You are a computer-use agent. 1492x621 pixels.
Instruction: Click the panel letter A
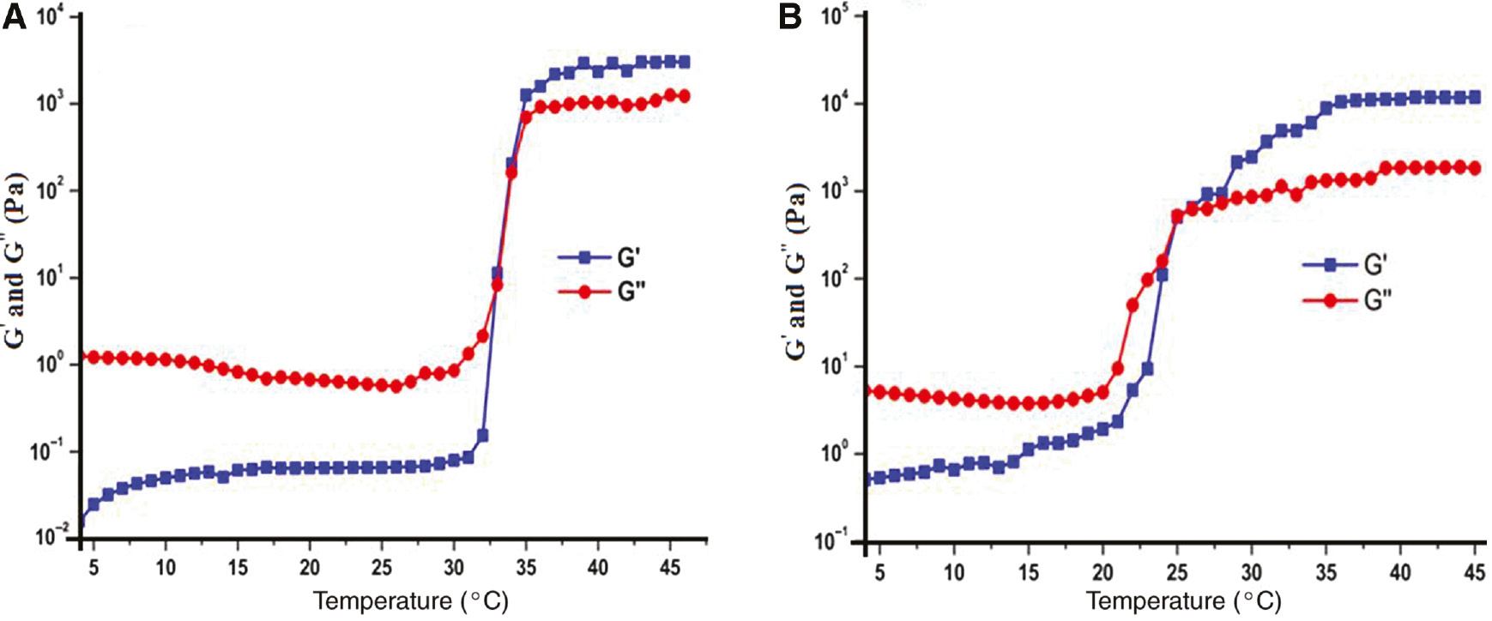pyautogui.click(x=14, y=16)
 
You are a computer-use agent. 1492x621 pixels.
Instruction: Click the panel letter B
pyautogui.click(x=790, y=16)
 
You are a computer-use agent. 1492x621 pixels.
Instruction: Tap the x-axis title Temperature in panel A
pyautogui.click(x=410, y=600)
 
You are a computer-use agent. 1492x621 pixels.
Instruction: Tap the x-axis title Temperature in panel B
pyautogui.click(x=1183, y=600)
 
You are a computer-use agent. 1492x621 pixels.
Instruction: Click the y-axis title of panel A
pyautogui.click(x=16, y=261)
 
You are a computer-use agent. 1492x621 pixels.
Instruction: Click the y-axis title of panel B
pyautogui.click(x=796, y=271)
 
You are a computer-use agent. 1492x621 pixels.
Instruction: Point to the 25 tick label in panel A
pyautogui.click(x=382, y=568)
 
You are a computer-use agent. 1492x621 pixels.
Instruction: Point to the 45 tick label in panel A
pyautogui.click(x=669, y=568)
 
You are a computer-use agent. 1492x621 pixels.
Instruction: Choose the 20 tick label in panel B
pyautogui.click(x=1102, y=571)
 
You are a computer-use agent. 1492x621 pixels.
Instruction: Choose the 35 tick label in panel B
pyautogui.click(x=1326, y=571)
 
